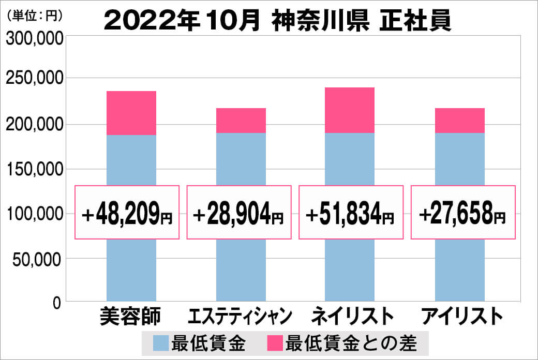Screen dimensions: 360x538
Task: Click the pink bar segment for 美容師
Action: click(x=131, y=113)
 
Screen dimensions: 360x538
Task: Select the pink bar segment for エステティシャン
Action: click(x=241, y=121)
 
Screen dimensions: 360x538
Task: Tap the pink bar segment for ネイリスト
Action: click(x=350, y=110)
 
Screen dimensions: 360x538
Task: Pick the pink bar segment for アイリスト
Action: click(x=460, y=121)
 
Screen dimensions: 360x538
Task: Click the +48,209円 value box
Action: click(x=127, y=213)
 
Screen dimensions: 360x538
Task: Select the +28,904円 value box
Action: click(x=239, y=213)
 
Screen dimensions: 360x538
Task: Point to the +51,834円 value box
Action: click(x=351, y=213)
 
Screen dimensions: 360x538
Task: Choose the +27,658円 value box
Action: click(x=463, y=213)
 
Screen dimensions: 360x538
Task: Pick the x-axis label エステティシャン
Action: click(x=241, y=316)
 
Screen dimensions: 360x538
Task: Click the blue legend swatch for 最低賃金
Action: click(x=161, y=342)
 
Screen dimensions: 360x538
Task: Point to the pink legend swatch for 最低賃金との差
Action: click(x=275, y=342)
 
